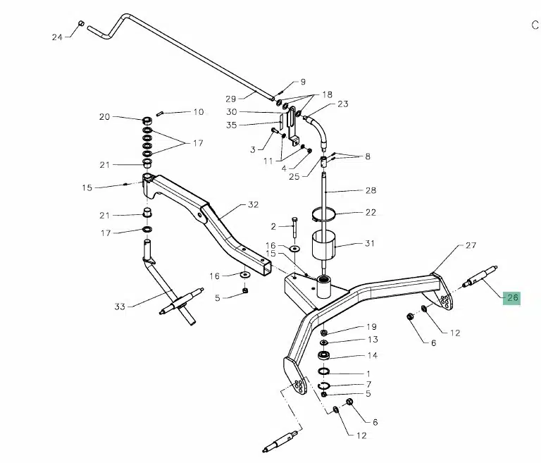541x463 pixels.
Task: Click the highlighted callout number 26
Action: click(x=512, y=297)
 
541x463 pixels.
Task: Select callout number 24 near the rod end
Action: click(x=57, y=37)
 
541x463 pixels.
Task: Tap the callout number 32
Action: click(x=254, y=205)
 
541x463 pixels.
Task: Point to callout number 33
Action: click(x=119, y=307)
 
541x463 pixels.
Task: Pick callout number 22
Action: click(x=370, y=212)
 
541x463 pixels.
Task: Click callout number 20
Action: click(x=105, y=117)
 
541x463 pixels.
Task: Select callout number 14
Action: click(x=372, y=355)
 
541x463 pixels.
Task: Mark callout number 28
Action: click(x=371, y=190)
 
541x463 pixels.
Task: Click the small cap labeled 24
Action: click(x=81, y=24)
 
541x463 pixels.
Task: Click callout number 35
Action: click(x=230, y=125)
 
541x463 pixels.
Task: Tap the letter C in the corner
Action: click(x=534, y=25)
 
